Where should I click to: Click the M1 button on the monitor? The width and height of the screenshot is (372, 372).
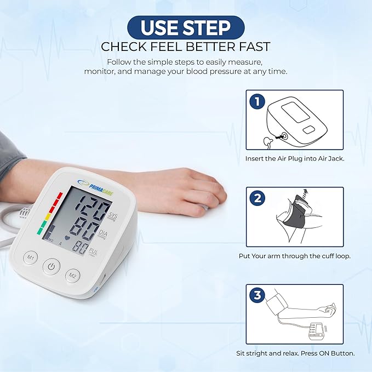(31, 257)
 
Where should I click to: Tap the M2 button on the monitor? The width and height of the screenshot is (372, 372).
(73, 276)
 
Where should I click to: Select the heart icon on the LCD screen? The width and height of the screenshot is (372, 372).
(67, 237)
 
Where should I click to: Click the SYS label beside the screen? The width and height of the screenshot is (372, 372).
(112, 216)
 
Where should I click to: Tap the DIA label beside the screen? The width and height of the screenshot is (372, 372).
(103, 234)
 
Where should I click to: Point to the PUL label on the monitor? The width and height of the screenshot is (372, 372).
(93, 251)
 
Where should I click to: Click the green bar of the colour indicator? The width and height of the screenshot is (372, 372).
(41, 227)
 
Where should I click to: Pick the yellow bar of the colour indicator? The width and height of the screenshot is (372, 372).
(48, 216)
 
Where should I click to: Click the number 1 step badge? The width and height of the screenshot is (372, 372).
(257, 101)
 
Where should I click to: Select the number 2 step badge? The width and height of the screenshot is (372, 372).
(257, 198)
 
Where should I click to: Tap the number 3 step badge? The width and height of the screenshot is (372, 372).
(257, 295)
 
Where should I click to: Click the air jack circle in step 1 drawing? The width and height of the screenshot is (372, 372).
(284, 136)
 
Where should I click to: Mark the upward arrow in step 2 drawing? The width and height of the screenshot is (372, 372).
(306, 192)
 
